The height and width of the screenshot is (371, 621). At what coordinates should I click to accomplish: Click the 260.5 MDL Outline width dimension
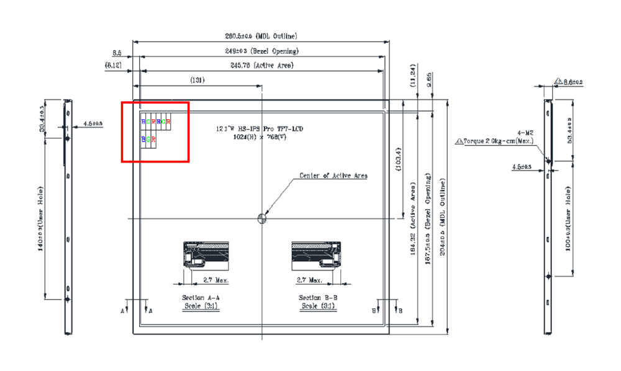point(260,36)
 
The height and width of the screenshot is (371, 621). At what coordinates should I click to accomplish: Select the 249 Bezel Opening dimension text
point(261,51)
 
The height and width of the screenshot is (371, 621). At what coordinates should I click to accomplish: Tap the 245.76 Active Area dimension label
point(261,65)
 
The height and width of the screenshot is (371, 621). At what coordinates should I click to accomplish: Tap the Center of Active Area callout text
point(333,176)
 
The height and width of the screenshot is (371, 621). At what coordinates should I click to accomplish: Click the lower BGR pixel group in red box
point(149,141)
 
